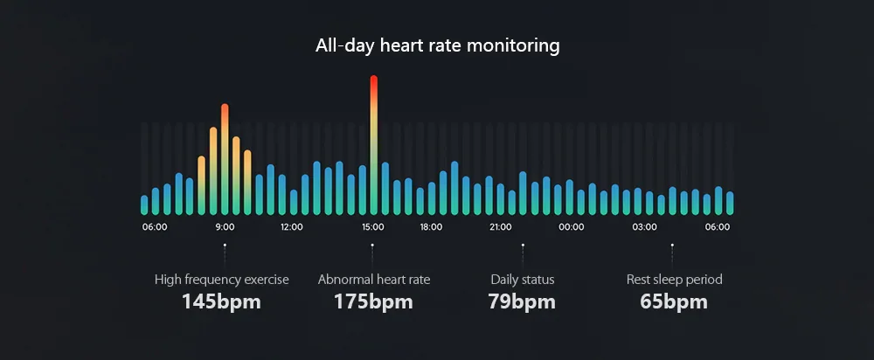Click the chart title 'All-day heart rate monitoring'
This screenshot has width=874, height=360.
[437, 45]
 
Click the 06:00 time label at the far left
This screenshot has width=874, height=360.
[155, 227]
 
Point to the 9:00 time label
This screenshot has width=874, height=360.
[225, 227]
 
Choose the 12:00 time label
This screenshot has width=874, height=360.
[291, 227]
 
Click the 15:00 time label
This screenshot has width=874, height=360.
[373, 227]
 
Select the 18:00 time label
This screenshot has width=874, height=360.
[431, 227]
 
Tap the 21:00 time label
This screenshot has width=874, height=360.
[501, 227]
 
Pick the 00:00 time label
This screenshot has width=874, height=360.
[571, 227]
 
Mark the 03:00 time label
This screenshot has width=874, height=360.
[645, 227]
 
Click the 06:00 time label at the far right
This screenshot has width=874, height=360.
[718, 227]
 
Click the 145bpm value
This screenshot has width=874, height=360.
[221, 302]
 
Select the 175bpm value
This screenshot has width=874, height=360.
[373, 302]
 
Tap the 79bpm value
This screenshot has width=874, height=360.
[522, 302]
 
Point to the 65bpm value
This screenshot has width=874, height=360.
[674, 302]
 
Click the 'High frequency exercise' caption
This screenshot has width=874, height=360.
[222, 280]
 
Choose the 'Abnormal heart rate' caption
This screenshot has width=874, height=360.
[374, 280]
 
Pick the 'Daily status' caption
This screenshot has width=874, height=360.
[523, 280]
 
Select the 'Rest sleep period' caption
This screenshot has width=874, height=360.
[674, 280]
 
